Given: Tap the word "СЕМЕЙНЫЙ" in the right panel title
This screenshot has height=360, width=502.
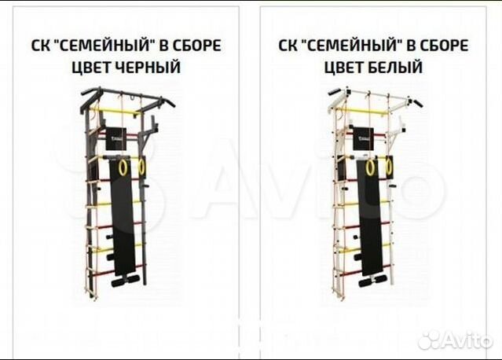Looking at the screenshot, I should (360, 45).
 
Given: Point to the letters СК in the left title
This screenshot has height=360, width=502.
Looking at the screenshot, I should (40, 45).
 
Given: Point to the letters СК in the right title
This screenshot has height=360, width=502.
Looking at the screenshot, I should (289, 45).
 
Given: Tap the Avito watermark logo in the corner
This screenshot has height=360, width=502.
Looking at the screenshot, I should (456, 340).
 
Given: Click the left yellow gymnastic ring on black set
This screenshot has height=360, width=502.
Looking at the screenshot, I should (123, 167).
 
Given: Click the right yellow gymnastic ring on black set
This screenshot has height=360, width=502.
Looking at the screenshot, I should (142, 167).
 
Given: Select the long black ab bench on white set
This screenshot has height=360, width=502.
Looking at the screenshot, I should (367, 220).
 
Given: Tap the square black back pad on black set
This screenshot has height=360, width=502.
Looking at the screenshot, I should (119, 134).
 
